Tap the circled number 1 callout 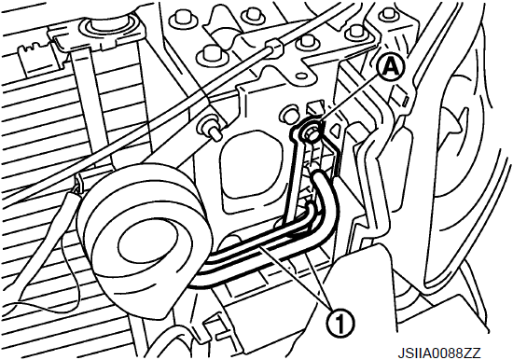pos(340,322)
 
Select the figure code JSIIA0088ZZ pos(439,353)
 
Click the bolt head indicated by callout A pos(310,132)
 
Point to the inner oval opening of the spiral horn pos(149,245)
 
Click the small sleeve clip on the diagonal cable pos(273,46)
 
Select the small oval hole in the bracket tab pos(300,76)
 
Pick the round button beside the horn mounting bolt pos(288,114)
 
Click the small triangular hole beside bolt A pos(336,132)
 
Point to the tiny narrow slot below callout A pos(405,100)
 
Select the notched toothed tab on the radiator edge pos(36,57)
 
